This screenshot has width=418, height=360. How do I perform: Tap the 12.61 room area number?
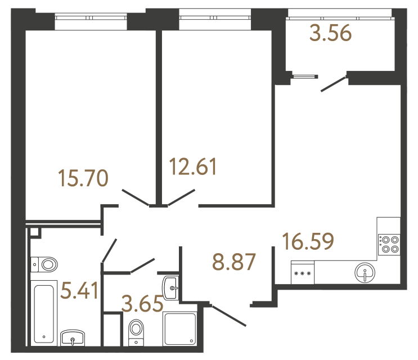pos(193,167)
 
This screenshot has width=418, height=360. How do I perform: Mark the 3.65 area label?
pos(142,304)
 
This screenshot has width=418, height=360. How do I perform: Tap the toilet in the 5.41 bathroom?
pos(44,263)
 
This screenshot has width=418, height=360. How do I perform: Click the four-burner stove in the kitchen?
pos(389,243)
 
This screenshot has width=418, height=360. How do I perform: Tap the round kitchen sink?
pos(365,274)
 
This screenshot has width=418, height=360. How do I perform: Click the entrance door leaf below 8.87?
pos(227,316)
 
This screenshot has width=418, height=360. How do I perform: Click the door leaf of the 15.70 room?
pos(135,197)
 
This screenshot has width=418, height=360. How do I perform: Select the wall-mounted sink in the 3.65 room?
pos(172,286)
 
